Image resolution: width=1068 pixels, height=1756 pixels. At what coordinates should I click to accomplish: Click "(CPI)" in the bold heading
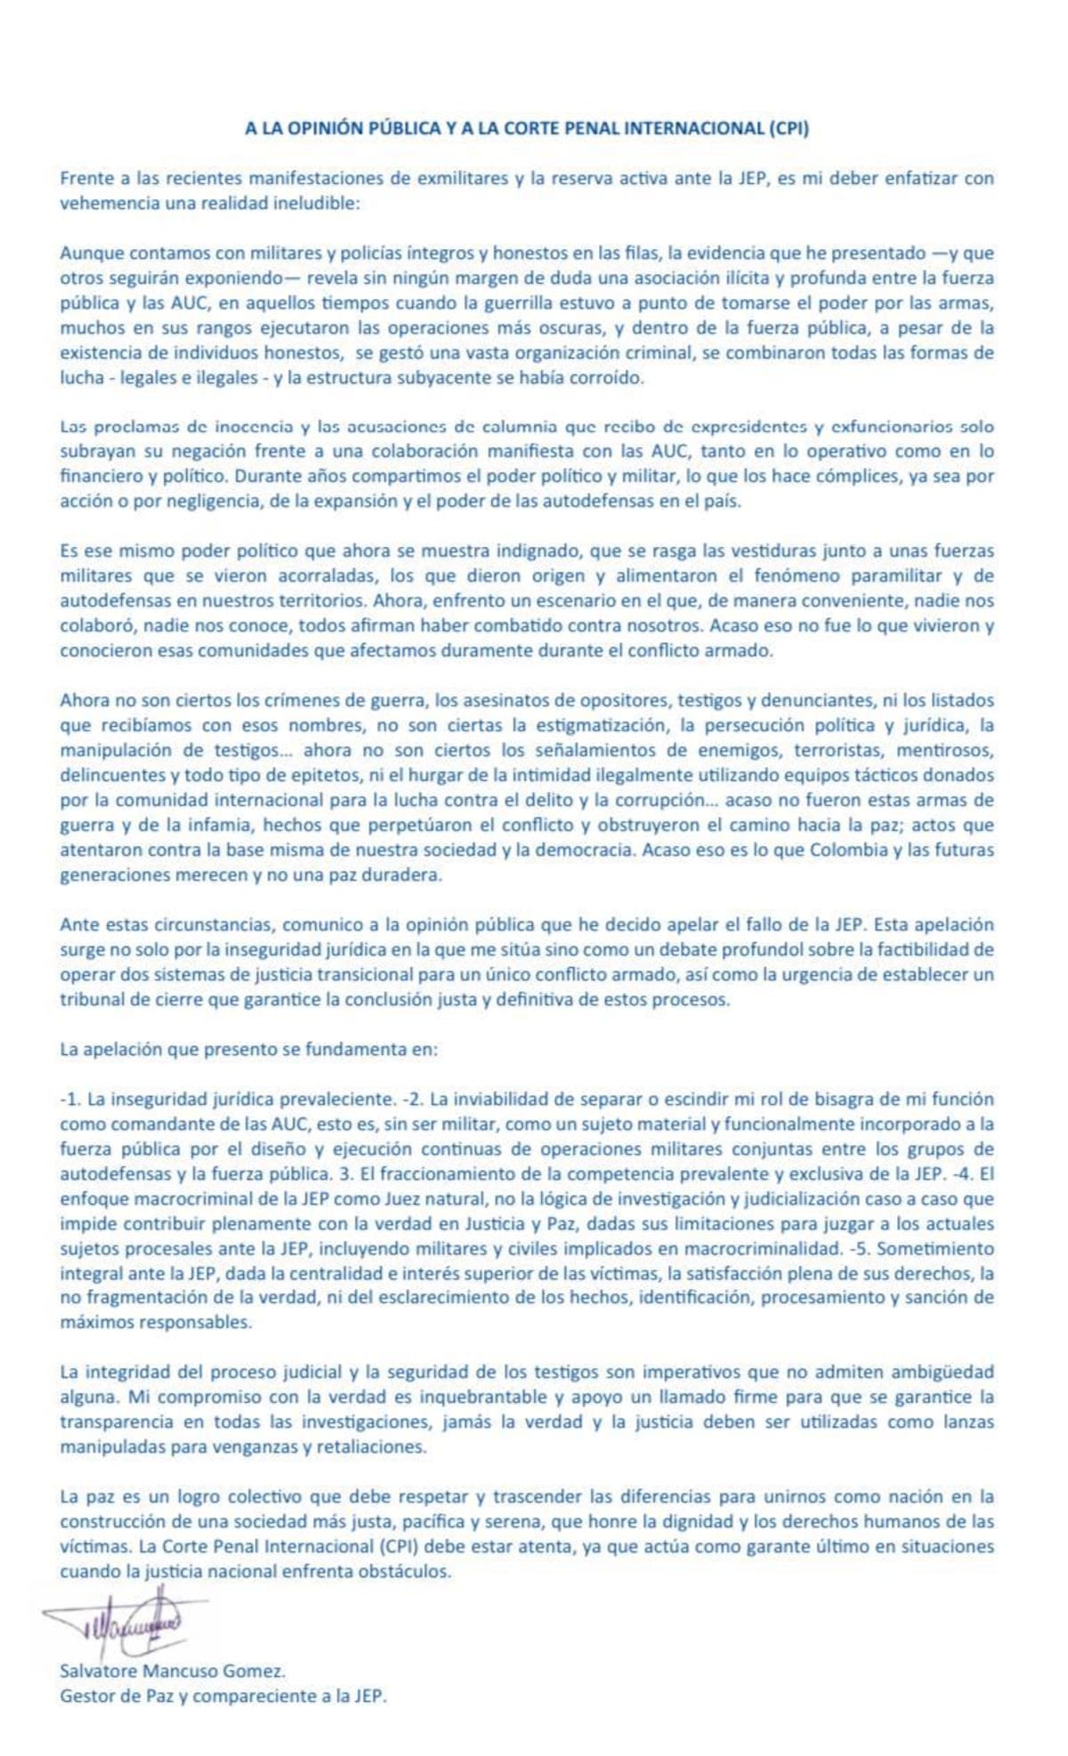(x=789, y=128)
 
